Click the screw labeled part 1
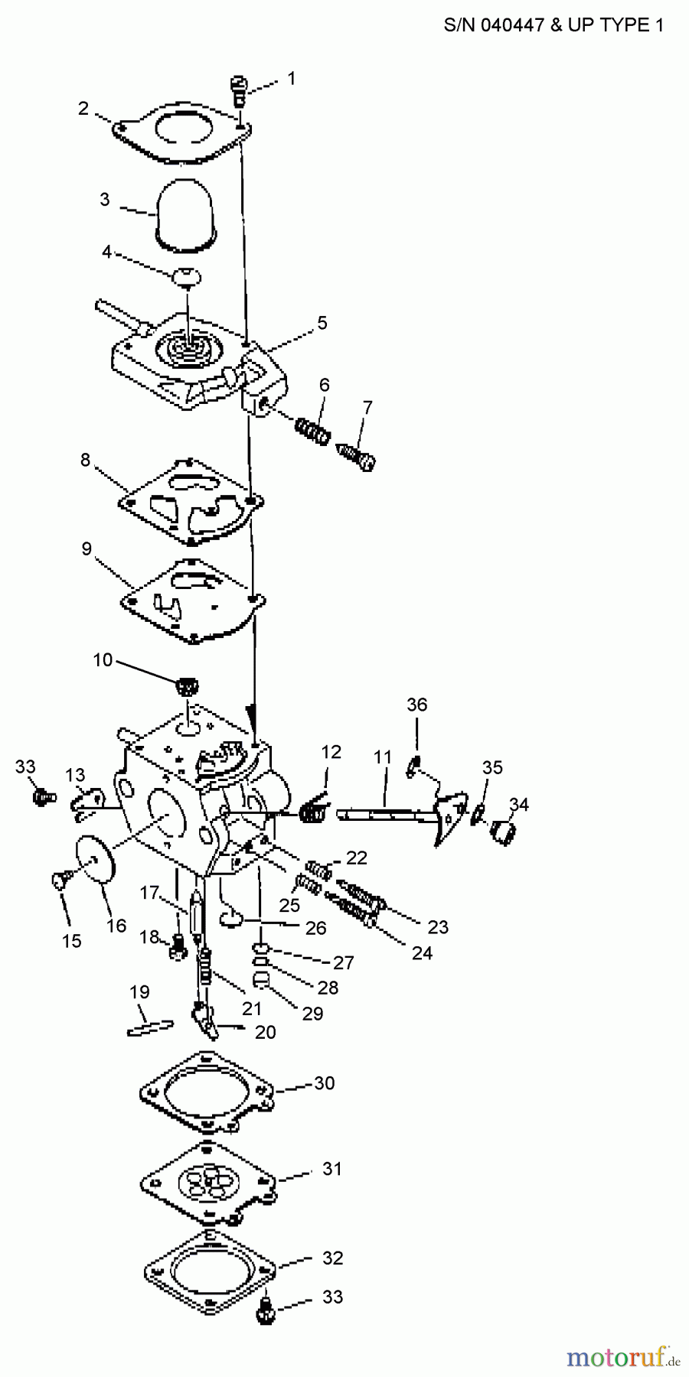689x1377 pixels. point(240,90)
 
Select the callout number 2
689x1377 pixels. point(83,109)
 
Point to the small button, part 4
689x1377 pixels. point(186,275)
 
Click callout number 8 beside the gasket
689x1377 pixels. point(85,460)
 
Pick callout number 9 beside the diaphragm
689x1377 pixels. point(87,549)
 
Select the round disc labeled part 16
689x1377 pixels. point(97,860)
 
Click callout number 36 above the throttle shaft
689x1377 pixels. point(416,704)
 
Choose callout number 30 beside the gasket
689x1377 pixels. point(325,1083)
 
